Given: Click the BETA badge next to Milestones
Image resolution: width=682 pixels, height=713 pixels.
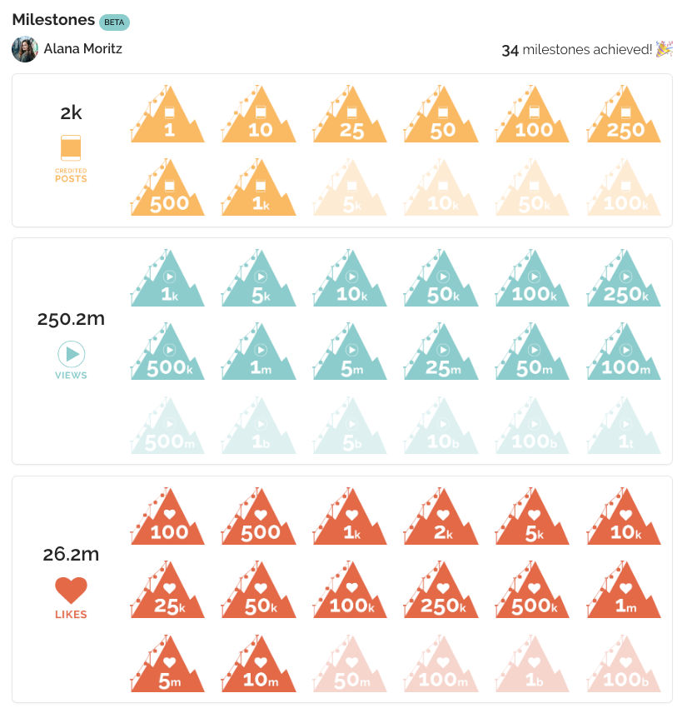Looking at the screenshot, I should click(114, 22).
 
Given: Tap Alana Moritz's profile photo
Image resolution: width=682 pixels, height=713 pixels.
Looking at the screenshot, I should click(25, 49).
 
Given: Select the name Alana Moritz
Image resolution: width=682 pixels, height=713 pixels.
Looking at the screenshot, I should click(82, 49).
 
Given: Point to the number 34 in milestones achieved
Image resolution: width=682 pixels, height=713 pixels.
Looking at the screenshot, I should click(510, 51).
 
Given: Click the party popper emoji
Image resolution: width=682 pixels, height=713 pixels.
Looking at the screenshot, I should click(664, 49).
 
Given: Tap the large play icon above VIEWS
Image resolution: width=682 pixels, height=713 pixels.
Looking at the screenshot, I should click(72, 354).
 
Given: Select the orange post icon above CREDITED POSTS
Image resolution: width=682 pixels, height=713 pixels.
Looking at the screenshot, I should click(71, 147).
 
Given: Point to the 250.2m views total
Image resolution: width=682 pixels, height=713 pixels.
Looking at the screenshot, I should click(72, 318).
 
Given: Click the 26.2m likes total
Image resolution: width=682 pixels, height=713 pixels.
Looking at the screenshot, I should click(72, 554).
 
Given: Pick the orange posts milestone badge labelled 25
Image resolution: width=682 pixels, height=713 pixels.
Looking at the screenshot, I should click(350, 117).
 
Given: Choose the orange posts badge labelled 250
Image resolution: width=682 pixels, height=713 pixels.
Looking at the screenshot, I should click(624, 117).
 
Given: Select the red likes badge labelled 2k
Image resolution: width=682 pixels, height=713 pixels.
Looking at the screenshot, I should click(441, 518).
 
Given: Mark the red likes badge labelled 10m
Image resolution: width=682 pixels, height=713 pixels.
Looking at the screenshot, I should click(259, 666).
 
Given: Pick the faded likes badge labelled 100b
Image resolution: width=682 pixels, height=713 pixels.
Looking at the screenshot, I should click(624, 666).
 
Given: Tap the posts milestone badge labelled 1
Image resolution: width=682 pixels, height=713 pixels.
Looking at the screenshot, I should click(167, 117).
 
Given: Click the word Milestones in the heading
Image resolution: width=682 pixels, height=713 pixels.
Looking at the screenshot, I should click(52, 20).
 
